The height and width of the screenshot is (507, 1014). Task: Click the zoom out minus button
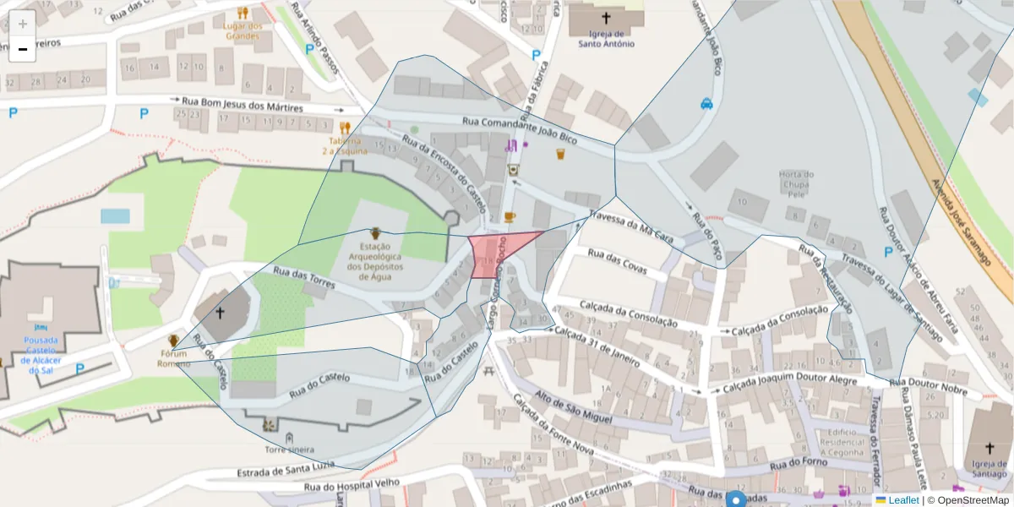click(x=23, y=49)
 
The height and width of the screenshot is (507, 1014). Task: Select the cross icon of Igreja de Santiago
click(x=989, y=449)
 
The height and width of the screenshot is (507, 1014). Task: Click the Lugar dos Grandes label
click(x=243, y=30)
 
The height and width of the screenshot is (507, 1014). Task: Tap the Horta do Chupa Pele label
click(x=796, y=184)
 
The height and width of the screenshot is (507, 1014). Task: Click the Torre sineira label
click(x=289, y=450)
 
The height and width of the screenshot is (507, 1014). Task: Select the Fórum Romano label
click(x=172, y=359)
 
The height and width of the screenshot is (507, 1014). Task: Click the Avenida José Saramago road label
click(x=960, y=222)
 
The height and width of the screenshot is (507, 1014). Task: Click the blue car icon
click(x=706, y=104)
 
